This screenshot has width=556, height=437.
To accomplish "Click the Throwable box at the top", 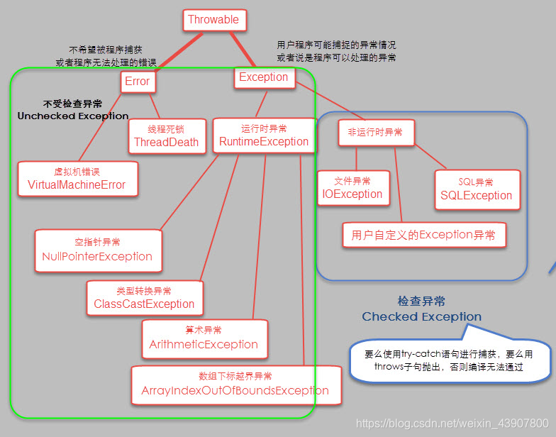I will (x=214, y=20).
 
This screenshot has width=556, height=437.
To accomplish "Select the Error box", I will (x=138, y=82).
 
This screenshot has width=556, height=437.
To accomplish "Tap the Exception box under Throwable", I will (x=264, y=77).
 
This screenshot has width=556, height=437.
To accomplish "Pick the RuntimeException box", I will (x=263, y=135).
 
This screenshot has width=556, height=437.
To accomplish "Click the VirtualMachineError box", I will (x=77, y=179).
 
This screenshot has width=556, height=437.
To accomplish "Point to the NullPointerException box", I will (x=97, y=250).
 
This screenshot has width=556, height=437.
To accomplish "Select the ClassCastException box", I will (x=144, y=298).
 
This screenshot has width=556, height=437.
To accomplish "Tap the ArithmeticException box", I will (x=204, y=338).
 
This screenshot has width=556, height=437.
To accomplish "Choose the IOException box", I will (x=352, y=188).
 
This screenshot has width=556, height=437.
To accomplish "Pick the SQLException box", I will (x=476, y=189).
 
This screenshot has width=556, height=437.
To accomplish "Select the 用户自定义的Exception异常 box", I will (x=423, y=235).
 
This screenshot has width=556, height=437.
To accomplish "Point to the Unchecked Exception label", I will (x=73, y=116).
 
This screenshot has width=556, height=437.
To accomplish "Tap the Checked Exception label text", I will (x=421, y=316).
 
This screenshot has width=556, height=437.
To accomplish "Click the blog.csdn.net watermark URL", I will (x=452, y=423).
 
